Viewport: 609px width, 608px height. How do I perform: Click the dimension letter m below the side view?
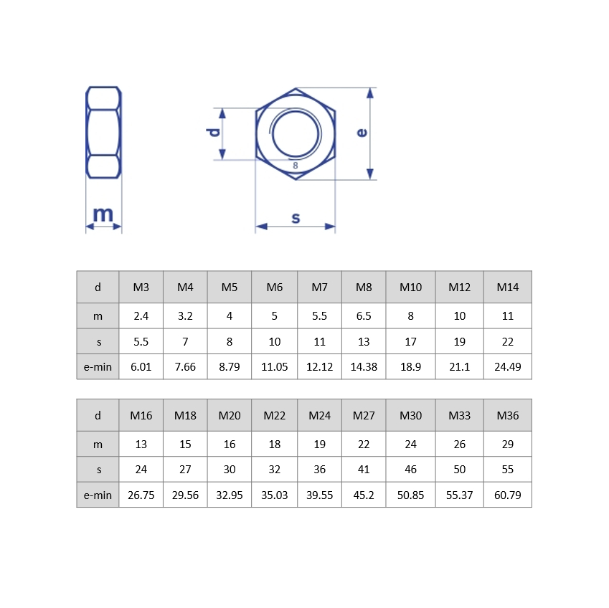point(103,214)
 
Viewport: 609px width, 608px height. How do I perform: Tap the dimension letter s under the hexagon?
point(296,217)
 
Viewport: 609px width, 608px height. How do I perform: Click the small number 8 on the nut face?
point(296,166)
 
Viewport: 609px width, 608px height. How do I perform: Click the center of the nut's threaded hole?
point(296,133)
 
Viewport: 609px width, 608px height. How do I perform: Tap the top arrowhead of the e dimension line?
point(370,92)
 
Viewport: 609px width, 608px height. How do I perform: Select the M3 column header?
point(141,288)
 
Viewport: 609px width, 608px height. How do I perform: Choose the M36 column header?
point(508,416)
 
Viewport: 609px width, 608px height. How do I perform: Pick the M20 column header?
point(230,416)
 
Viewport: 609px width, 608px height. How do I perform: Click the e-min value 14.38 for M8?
point(364,367)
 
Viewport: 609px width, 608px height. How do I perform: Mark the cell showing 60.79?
point(508,495)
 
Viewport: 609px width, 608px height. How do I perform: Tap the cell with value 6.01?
point(141,367)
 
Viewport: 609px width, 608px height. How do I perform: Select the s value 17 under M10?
point(411,341)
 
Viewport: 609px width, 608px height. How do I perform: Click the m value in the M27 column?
point(364,445)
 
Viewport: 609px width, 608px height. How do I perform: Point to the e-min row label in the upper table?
point(98,367)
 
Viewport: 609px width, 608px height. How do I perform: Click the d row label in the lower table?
point(98,416)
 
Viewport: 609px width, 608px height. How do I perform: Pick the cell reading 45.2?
point(364,495)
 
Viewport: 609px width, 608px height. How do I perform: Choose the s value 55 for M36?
point(508,470)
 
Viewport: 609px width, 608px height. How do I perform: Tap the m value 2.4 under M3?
point(141,316)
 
